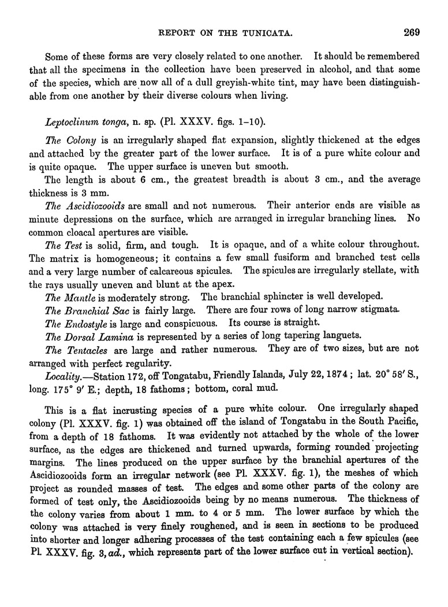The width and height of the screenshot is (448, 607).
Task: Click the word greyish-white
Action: pyautogui.click(x=223, y=85)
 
